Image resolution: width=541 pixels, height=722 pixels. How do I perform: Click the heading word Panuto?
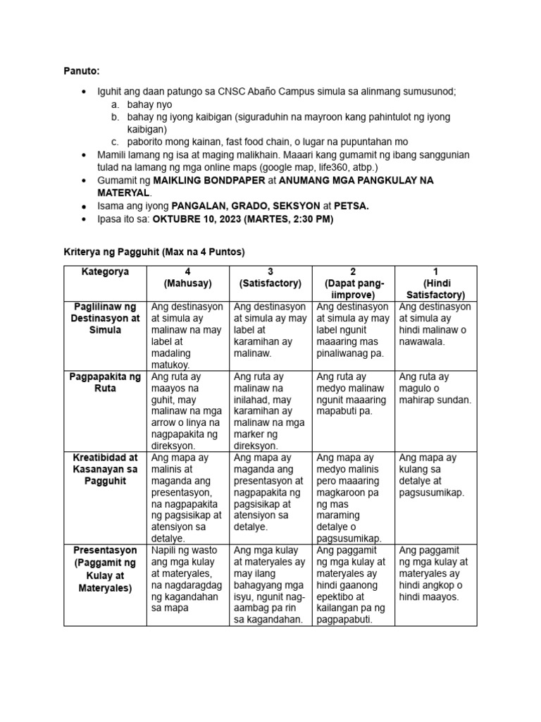point(81,71)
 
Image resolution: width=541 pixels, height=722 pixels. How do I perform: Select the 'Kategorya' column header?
point(105,272)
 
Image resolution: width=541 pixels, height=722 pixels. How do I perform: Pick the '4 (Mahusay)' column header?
point(187,277)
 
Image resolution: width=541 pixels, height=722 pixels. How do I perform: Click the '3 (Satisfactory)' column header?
point(270,277)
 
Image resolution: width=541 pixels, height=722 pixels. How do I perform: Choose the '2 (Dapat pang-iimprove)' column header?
point(353,283)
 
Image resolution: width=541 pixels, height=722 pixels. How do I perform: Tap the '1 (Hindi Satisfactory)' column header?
point(435,283)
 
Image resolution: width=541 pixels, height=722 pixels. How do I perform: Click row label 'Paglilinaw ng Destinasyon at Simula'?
point(105,318)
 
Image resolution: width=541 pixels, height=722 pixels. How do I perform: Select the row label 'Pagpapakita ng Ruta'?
point(105,382)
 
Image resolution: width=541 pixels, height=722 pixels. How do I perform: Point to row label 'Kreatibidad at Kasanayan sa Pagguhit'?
point(105,469)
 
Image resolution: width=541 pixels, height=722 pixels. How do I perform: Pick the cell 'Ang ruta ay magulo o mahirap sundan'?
point(435,388)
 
